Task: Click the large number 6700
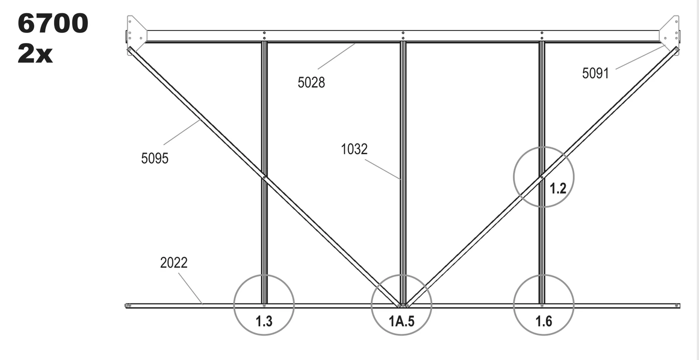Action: (53, 23)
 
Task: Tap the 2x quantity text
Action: (35, 53)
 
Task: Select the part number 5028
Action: (311, 83)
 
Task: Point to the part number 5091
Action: (595, 73)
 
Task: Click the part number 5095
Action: (155, 158)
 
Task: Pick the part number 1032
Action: (354, 149)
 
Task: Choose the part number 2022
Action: (174, 263)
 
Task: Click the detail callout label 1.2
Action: (558, 188)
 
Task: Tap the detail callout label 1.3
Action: (264, 322)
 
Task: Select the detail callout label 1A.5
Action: (401, 322)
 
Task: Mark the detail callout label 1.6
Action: (544, 322)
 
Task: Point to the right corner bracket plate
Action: (670, 35)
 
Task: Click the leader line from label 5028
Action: (337, 56)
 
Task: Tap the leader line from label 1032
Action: (382, 169)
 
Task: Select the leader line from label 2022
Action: (191, 289)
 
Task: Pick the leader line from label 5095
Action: (182, 132)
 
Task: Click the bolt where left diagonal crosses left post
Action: (264, 177)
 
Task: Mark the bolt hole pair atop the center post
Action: (403, 35)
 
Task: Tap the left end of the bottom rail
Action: (126, 306)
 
